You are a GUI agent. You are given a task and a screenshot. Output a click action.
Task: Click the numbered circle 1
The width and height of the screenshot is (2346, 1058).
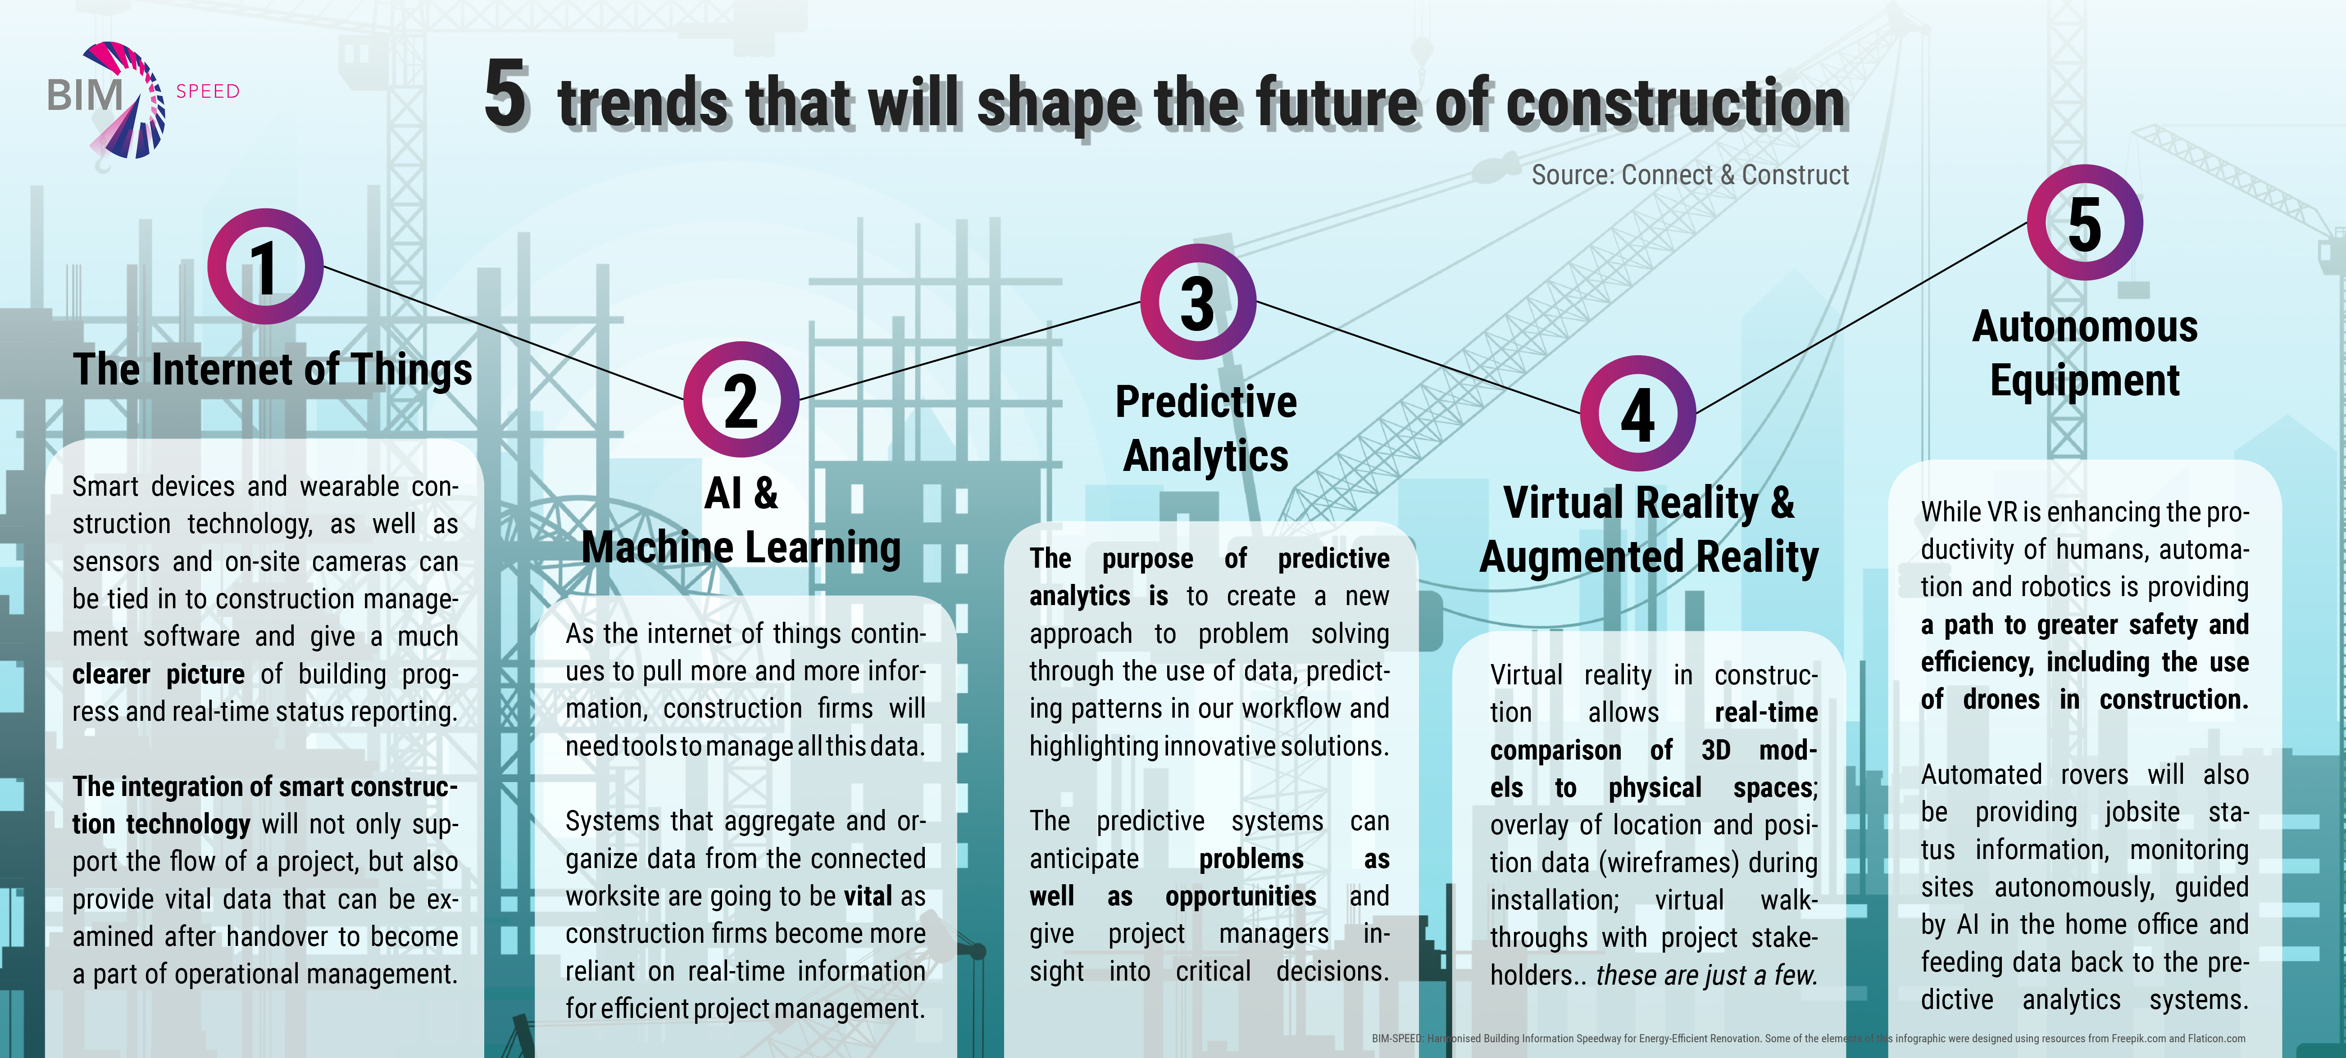tap(265, 267)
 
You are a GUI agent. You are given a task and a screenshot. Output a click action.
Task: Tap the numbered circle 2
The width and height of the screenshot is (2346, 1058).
tap(741, 400)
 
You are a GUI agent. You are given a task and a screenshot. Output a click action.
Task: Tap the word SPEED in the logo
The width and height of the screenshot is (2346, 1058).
tap(208, 91)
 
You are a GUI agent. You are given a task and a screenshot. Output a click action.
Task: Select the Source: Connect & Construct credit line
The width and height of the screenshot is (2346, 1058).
tap(1690, 175)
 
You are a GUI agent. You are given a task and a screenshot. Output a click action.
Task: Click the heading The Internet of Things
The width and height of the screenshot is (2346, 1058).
tap(273, 370)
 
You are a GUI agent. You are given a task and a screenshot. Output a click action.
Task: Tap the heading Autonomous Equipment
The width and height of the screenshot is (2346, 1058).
tap(2085, 353)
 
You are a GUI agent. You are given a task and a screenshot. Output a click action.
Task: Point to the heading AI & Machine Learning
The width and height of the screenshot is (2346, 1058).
tap(741, 520)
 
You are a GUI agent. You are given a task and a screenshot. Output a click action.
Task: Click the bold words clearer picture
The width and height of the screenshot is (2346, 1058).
tap(159, 674)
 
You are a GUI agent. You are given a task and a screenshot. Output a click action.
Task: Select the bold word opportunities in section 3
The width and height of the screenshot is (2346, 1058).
tap(1241, 896)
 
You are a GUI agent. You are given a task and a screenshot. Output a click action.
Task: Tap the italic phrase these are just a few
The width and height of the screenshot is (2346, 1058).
tap(1706, 975)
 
